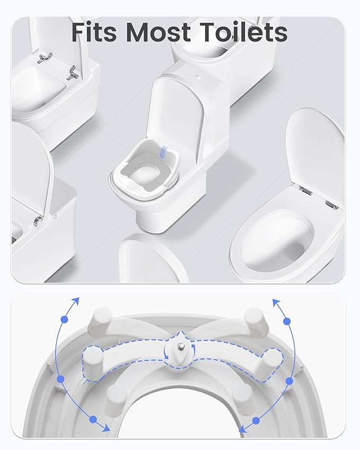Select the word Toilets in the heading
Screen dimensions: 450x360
point(243,32)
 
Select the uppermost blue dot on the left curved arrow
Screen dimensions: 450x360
point(65,320)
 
